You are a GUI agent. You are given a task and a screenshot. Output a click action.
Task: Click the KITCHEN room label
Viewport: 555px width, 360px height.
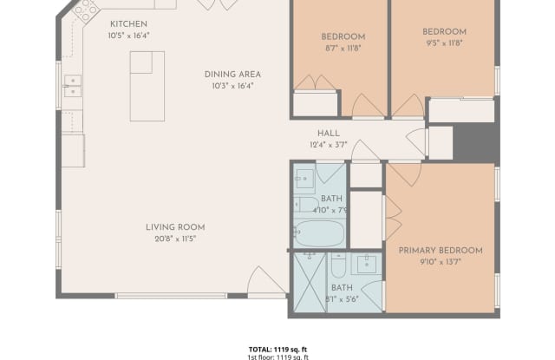(128, 23)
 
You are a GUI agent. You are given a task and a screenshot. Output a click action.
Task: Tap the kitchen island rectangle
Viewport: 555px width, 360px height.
(147, 85)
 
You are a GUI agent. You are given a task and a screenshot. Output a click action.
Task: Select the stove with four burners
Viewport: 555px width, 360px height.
(85, 10)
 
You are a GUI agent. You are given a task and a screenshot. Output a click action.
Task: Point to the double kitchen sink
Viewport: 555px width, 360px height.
(73, 85)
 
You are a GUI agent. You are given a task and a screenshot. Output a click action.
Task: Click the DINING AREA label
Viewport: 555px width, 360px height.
(232, 75)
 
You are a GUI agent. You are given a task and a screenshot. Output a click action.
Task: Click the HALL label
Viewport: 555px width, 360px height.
(328, 133)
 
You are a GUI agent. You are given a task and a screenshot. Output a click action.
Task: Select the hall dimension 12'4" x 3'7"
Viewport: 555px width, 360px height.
(328, 145)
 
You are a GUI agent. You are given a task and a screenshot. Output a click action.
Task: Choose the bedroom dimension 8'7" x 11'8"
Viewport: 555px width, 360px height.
(343, 49)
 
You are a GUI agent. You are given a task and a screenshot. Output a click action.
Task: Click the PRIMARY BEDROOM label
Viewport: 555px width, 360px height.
(441, 251)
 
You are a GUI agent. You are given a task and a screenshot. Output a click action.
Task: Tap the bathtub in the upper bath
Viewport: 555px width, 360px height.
(319, 232)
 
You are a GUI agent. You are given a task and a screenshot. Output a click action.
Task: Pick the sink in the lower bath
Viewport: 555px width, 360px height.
(368, 264)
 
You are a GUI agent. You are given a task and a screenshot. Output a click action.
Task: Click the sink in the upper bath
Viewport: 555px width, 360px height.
(304, 180)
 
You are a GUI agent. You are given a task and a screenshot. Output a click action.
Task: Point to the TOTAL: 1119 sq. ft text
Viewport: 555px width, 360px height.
(277, 348)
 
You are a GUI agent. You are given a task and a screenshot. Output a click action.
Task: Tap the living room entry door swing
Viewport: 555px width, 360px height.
(264, 282)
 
